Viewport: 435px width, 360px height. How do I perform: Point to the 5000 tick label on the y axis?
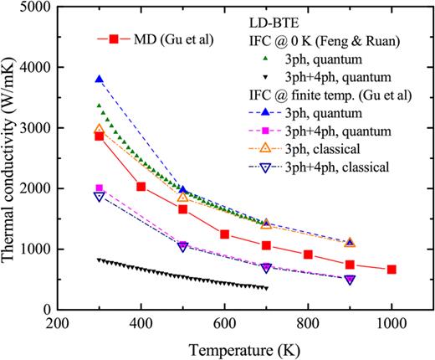tap(34, 7)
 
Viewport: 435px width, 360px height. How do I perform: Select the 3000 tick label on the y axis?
tap(34, 128)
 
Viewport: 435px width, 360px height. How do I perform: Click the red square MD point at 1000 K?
tap(391, 270)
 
